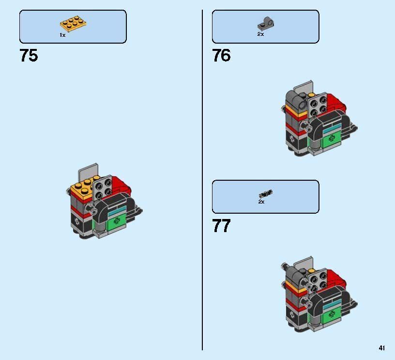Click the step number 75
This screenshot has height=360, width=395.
(29, 56)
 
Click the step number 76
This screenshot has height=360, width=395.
(221, 56)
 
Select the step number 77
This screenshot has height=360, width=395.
(221, 226)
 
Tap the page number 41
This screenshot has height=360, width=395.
(382, 348)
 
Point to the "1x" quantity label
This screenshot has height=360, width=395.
(62, 35)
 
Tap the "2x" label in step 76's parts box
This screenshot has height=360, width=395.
(260, 34)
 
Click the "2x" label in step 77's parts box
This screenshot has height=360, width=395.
(261, 202)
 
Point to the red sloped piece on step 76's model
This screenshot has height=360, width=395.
(336, 105)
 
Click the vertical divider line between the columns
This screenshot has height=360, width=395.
(202, 179)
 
